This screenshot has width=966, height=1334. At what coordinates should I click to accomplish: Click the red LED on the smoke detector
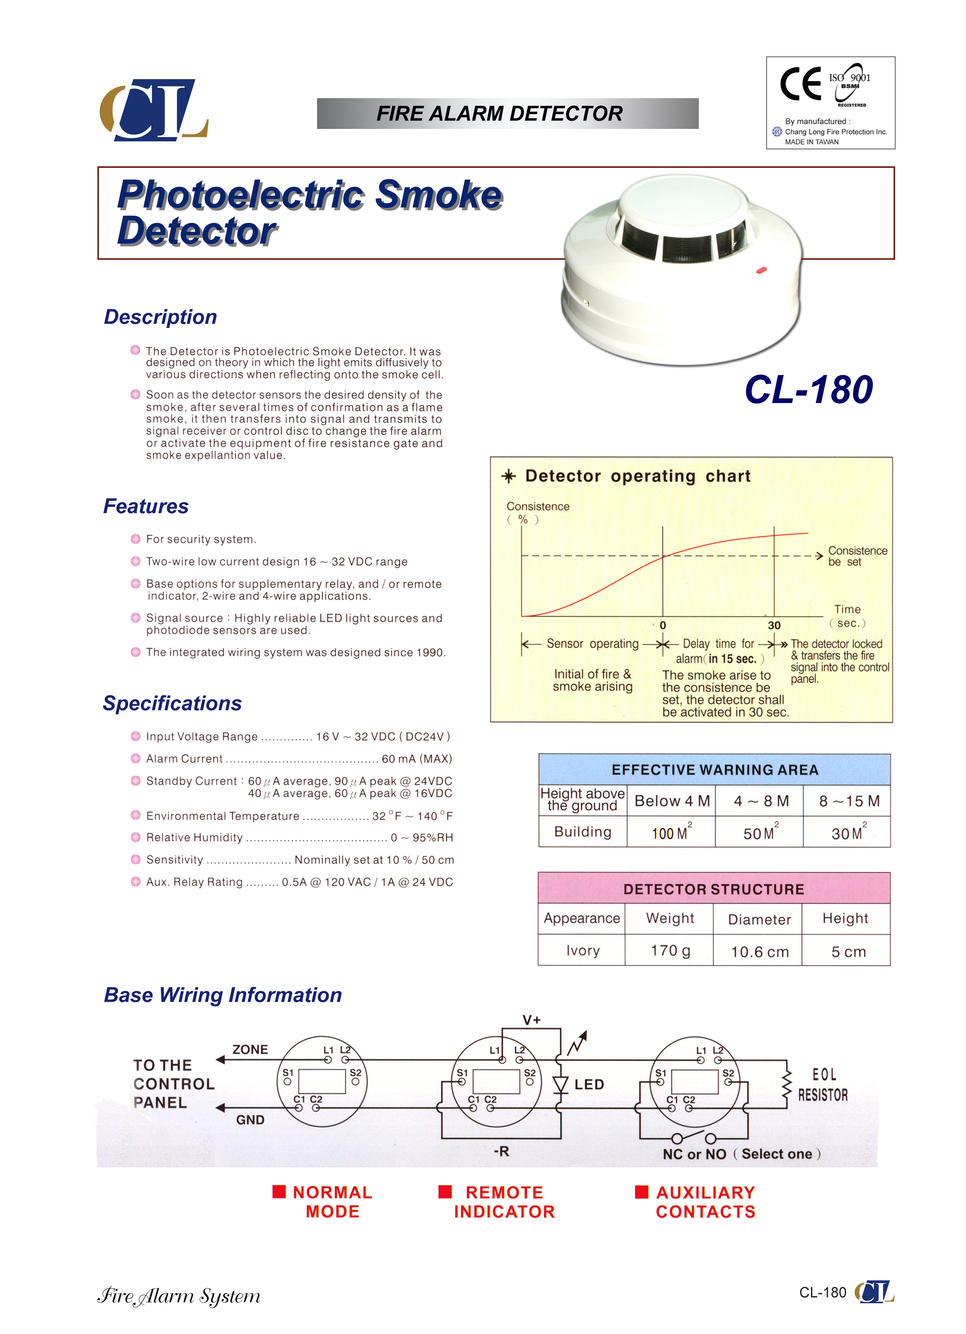coord(761,271)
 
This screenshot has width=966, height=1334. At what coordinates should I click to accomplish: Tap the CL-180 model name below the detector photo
coord(808,390)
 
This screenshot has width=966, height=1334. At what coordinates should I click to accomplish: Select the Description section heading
coord(160,317)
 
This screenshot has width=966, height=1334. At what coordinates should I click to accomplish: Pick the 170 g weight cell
coord(670,950)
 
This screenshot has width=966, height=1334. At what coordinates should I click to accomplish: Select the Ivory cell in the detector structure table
coord(582,950)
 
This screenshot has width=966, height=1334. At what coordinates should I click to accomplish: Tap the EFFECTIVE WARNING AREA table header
coord(714,770)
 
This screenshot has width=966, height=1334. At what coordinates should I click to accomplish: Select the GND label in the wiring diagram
coord(250,1120)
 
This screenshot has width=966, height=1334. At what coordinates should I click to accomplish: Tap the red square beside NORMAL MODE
coord(279,1192)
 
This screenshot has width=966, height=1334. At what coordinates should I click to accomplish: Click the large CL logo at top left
coord(154,111)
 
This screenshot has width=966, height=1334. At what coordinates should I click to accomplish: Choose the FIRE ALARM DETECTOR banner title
coord(499,113)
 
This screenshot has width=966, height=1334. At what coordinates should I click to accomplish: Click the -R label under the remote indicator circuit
coord(501,1151)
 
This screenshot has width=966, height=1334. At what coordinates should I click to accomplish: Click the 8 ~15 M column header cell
coord(848,801)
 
